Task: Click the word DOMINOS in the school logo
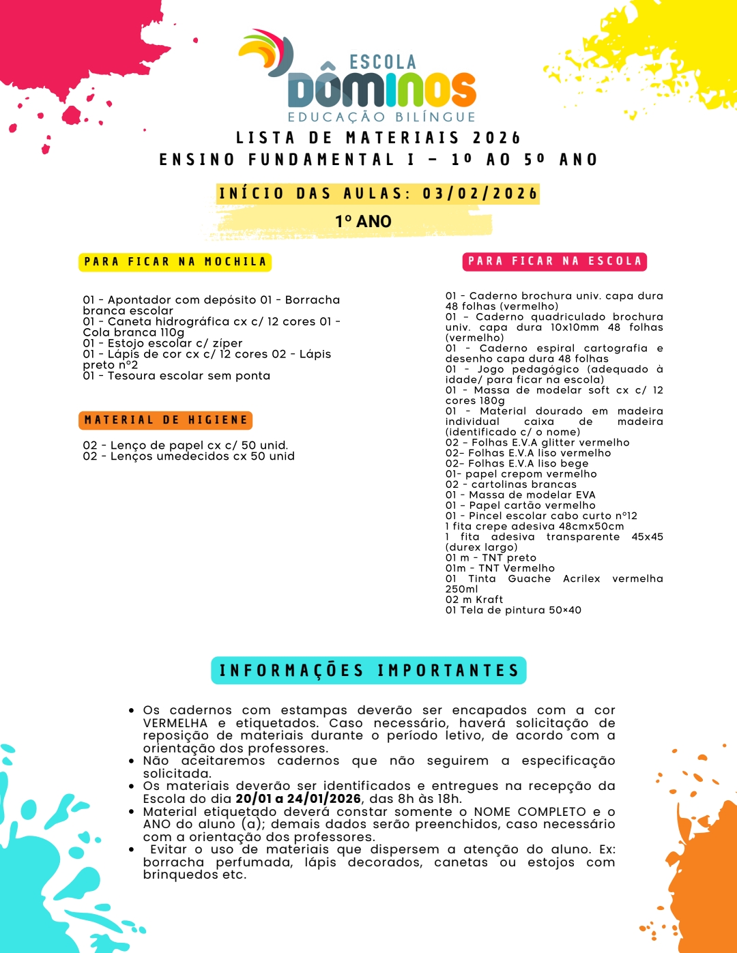pyautogui.click(x=382, y=89)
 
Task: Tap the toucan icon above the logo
pyautogui.click(x=268, y=52)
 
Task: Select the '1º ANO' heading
pyautogui.click(x=363, y=222)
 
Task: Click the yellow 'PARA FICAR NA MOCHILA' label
pyautogui.click(x=175, y=262)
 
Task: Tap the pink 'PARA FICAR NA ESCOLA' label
pyautogui.click(x=555, y=261)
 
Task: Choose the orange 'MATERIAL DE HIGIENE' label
pyautogui.click(x=166, y=420)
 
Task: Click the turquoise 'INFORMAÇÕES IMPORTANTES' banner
pyautogui.click(x=369, y=671)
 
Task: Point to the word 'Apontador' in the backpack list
pyautogui.click(x=139, y=300)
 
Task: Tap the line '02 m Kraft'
pyautogui.click(x=474, y=600)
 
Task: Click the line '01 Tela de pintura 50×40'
pyautogui.click(x=513, y=611)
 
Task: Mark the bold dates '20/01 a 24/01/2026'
pyautogui.click(x=298, y=799)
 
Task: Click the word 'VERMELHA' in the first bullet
pyautogui.click(x=175, y=723)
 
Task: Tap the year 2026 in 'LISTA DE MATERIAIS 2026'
pyautogui.click(x=497, y=138)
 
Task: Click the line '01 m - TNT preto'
pyautogui.click(x=491, y=558)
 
